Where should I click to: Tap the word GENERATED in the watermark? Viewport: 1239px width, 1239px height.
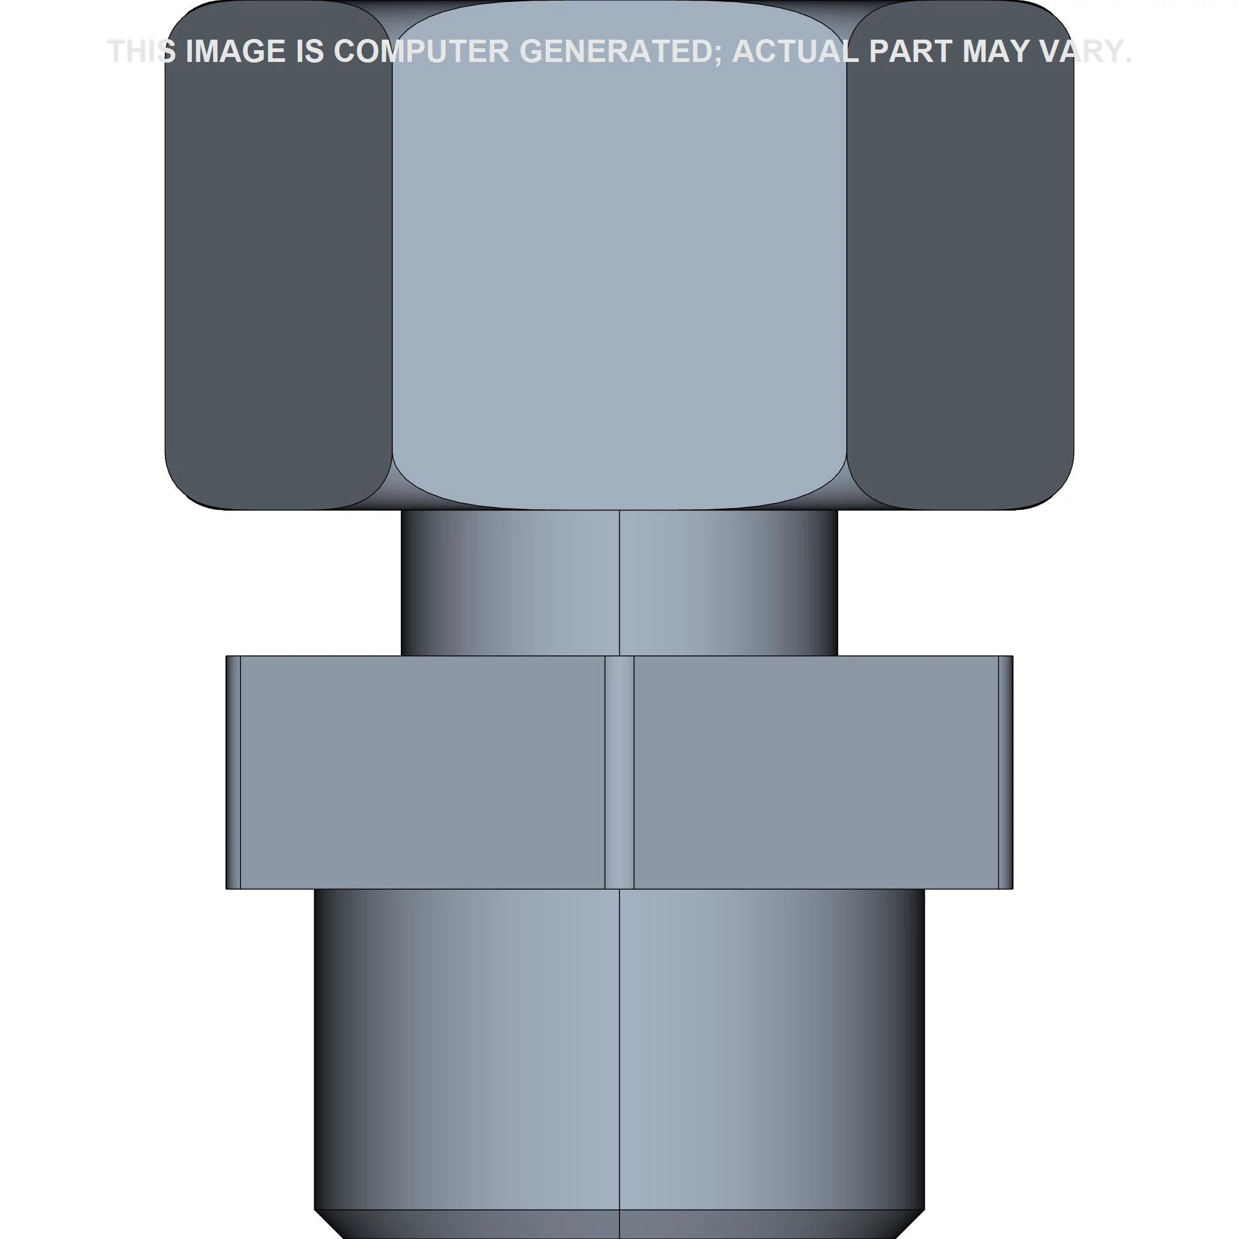tap(620, 51)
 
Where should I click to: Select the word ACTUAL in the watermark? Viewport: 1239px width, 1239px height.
tap(795, 51)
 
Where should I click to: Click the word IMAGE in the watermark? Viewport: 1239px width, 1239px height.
tap(235, 51)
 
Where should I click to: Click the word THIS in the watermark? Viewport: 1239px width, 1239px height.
tap(142, 51)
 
